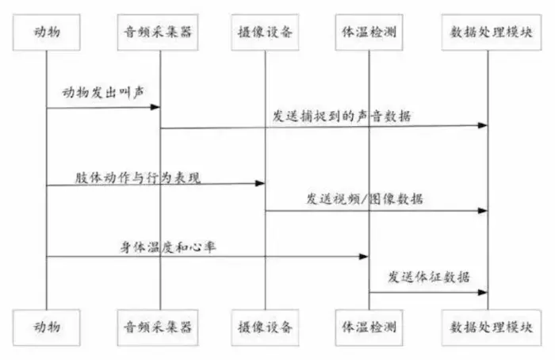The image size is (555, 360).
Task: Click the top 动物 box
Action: point(47,33)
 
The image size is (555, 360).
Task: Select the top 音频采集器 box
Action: point(159,33)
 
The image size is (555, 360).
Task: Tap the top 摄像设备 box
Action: point(265,33)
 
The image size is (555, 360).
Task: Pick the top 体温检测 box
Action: point(369,33)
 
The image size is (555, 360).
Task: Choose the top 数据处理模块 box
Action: point(488,33)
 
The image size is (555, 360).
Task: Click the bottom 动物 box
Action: point(47,326)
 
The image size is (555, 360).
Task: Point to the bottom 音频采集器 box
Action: point(159,326)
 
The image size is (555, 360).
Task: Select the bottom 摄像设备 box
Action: point(265,326)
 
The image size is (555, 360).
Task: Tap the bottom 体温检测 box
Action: point(369,326)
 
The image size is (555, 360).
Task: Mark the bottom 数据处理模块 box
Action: point(488,326)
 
